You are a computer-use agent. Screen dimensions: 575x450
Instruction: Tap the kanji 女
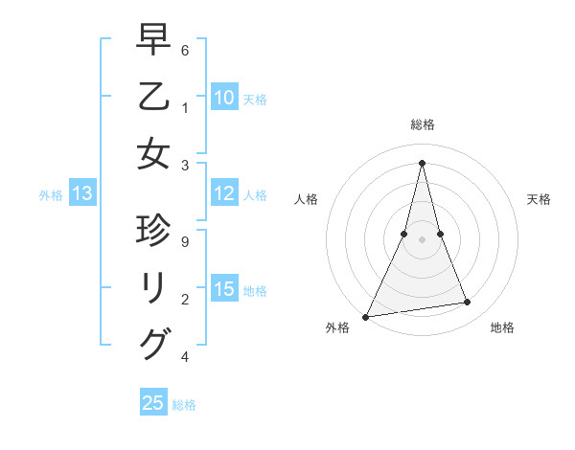[153, 153]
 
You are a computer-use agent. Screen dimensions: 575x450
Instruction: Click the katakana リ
[153, 288]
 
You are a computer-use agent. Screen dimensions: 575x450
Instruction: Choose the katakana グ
[153, 343]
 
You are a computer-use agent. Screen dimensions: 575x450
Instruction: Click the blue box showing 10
[224, 98]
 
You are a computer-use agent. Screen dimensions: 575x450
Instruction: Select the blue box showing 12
[224, 194]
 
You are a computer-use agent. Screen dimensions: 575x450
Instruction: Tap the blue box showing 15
[224, 290]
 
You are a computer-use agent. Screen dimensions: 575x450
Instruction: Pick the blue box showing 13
[82, 194]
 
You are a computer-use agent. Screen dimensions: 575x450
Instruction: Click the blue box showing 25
[153, 403]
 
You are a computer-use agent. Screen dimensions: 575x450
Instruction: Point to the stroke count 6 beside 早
[185, 50]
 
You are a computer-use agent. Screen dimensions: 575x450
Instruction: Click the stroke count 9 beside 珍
[185, 241]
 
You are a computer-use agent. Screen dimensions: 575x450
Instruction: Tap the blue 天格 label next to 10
[255, 99]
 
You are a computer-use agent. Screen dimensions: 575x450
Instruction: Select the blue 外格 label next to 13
[51, 195]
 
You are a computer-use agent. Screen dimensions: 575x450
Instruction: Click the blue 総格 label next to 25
[184, 404]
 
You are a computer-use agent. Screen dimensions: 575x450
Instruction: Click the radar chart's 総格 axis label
[422, 124]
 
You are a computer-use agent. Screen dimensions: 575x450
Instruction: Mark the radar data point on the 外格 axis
[366, 316]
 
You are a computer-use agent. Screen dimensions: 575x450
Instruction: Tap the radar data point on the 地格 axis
[468, 303]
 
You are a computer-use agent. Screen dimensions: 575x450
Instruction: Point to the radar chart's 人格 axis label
[306, 199]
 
